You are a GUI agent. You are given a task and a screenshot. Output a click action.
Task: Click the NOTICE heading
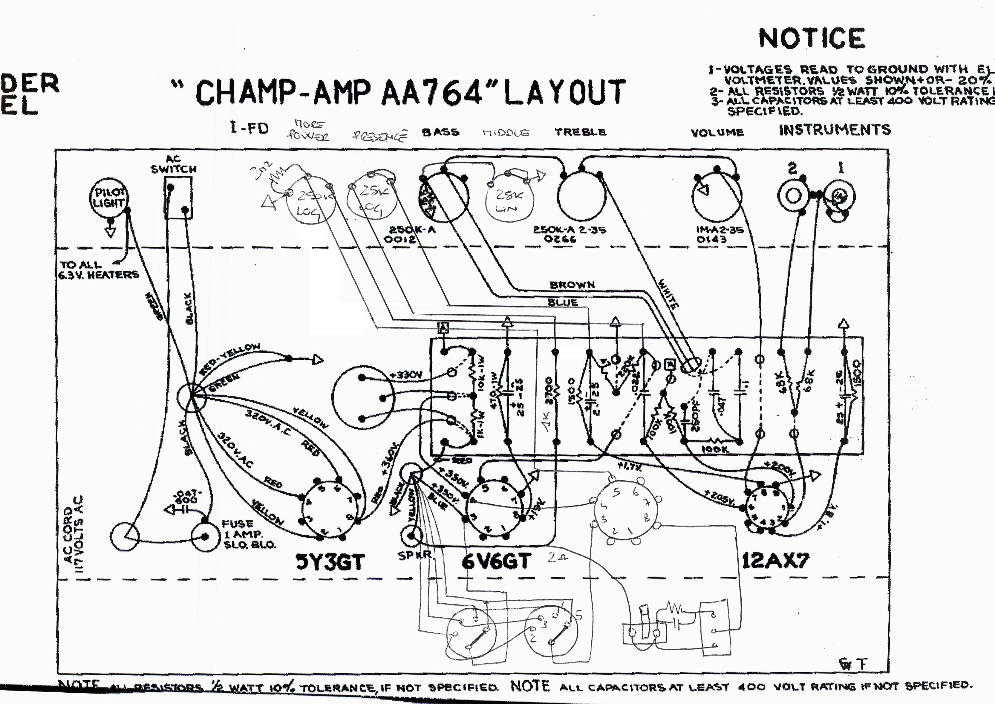tap(812, 38)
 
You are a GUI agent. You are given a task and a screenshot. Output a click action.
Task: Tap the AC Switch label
tap(173, 164)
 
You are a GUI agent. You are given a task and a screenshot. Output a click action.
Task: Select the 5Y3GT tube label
tap(330, 562)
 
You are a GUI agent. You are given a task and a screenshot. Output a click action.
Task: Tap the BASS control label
tap(440, 132)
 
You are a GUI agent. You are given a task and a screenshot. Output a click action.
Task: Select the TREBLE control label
tap(580, 132)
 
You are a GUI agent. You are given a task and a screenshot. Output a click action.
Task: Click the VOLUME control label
tap(717, 132)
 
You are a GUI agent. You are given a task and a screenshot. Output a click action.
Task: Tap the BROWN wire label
tap(572, 285)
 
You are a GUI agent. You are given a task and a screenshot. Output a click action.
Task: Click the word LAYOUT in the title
tap(564, 92)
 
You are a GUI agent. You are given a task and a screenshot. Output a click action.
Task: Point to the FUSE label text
tap(238, 524)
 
